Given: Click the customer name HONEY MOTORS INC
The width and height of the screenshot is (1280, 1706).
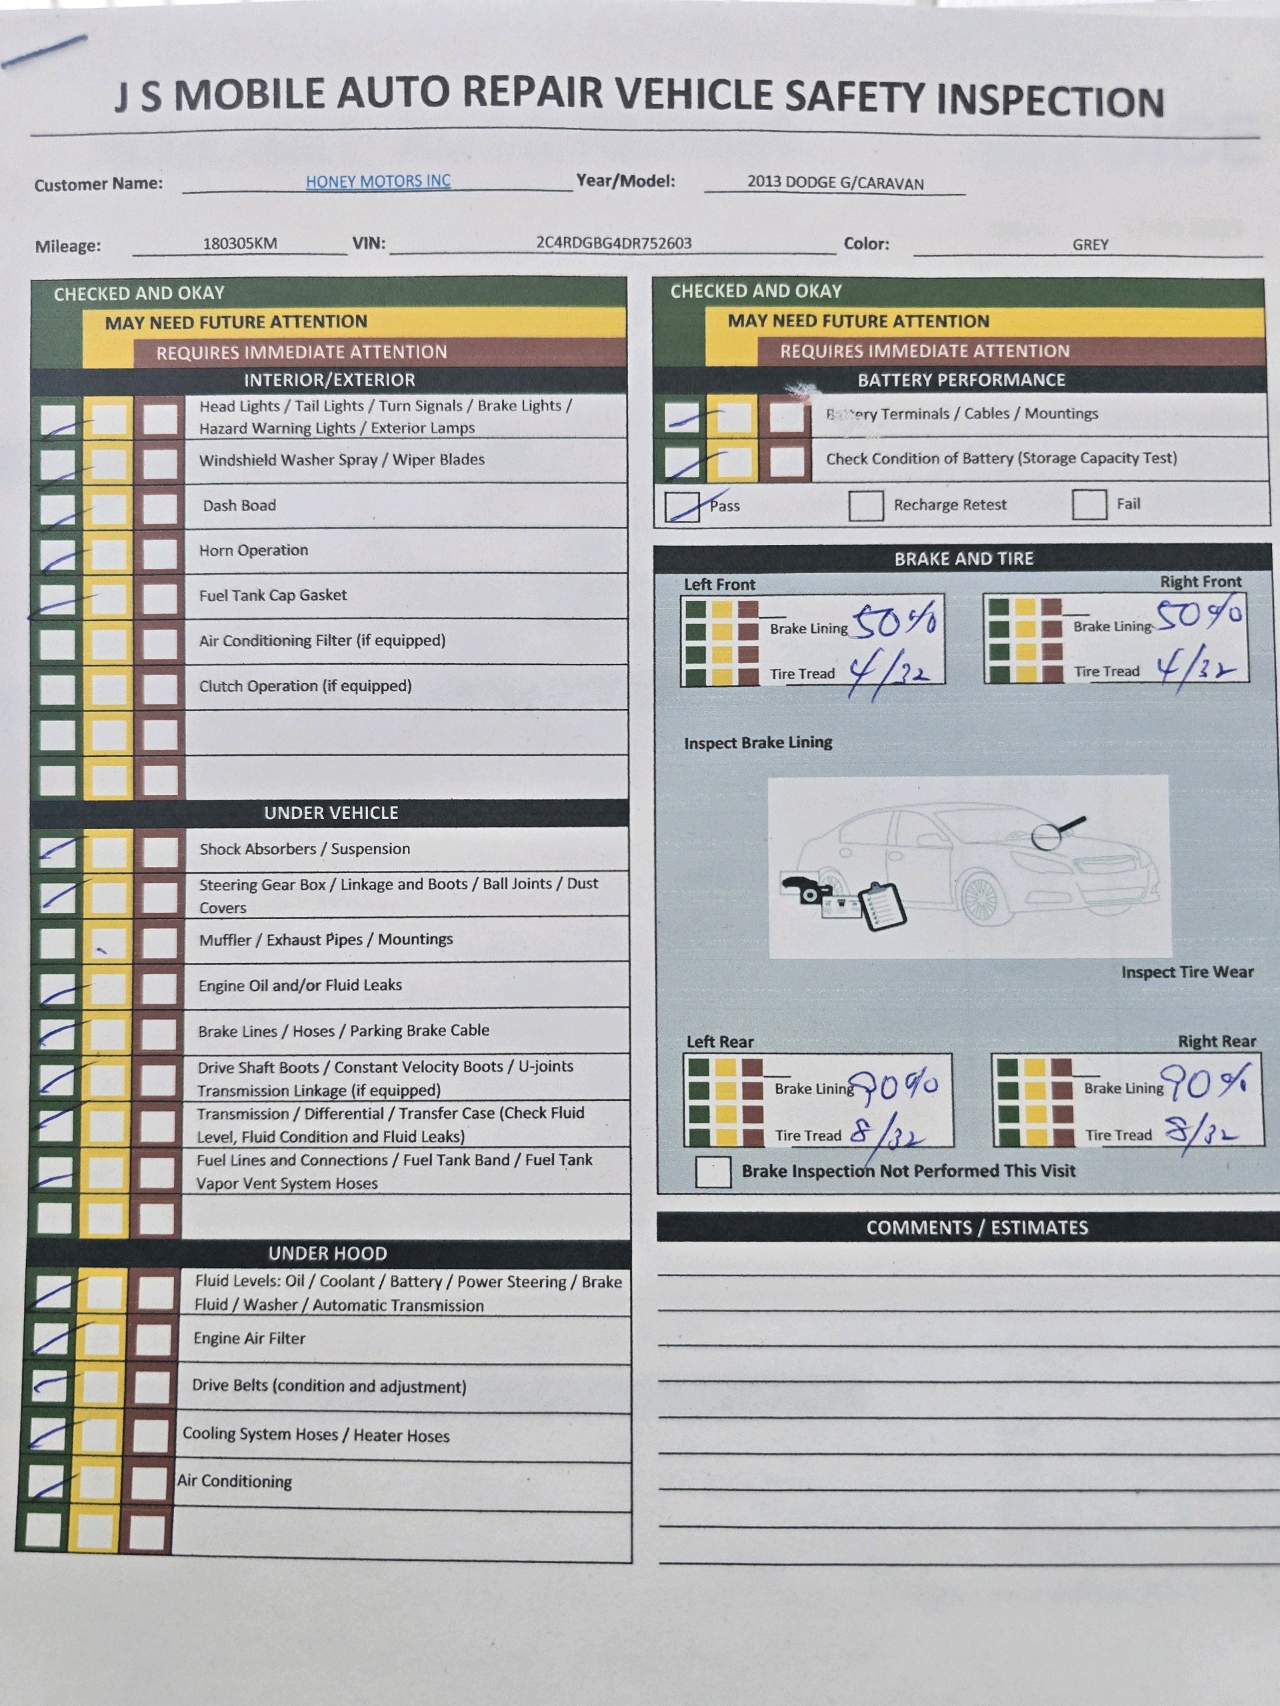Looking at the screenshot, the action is (x=378, y=181).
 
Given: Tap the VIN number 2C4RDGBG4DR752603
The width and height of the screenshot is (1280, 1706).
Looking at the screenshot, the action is (x=613, y=243).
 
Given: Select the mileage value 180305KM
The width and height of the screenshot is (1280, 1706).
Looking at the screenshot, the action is (x=240, y=244).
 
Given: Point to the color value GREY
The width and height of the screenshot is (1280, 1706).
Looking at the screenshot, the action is (x=1090, y=245).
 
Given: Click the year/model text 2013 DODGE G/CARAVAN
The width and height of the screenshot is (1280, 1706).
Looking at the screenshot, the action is (x=835, y=183).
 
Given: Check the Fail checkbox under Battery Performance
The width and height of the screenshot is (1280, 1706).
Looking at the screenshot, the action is (x=1089, y=504).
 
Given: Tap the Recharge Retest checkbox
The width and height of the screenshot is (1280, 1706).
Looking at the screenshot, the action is (x=866, y=506).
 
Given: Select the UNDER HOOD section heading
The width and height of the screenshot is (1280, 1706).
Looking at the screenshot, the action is (x=328, y=1254).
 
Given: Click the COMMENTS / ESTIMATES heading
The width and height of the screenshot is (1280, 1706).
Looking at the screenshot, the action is (x=977, y=1227).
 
